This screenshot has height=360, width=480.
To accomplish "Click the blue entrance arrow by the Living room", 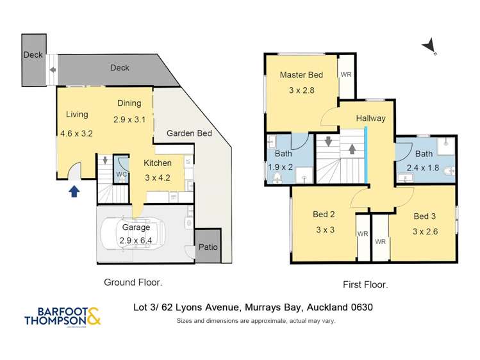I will click(74, 190).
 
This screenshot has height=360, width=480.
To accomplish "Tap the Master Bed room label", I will click(301, 75).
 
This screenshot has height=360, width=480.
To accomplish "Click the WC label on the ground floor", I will click(121, 174).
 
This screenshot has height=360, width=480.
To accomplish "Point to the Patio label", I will click(208, 246).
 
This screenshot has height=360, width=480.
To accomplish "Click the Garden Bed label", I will click(189, 133).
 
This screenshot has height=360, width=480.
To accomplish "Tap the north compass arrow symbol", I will click(430, 45).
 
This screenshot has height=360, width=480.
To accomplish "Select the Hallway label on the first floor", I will click(370, 118).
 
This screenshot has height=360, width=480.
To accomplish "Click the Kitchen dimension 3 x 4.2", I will click(157, 177).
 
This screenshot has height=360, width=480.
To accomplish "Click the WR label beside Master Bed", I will click(346, 75).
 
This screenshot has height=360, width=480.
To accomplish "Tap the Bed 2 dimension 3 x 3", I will click(324, 230).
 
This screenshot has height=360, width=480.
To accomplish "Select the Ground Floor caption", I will click(133, 282).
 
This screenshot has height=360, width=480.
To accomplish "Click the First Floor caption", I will click(365, 284).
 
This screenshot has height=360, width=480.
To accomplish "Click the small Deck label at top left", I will click(33, 55).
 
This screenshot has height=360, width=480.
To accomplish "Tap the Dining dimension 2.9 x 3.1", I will click(129, 119).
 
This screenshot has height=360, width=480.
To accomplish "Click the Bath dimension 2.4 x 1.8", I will click(424, 169).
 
